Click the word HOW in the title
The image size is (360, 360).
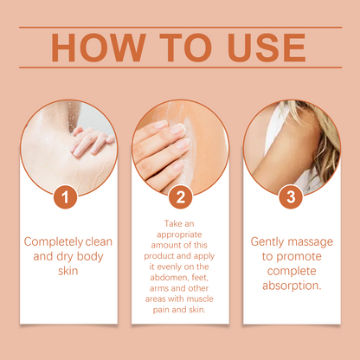99,48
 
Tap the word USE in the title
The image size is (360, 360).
267,48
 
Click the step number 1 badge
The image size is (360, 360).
65,197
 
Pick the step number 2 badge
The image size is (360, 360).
180,197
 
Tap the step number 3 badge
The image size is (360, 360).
291,197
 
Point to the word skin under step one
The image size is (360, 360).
68,271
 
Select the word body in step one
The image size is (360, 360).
90,257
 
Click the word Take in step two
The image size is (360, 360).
171,223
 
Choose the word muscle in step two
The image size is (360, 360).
200,299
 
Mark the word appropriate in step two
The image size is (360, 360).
179,235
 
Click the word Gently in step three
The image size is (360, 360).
267,242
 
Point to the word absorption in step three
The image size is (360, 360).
292,286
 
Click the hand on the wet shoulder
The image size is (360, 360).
91,142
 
